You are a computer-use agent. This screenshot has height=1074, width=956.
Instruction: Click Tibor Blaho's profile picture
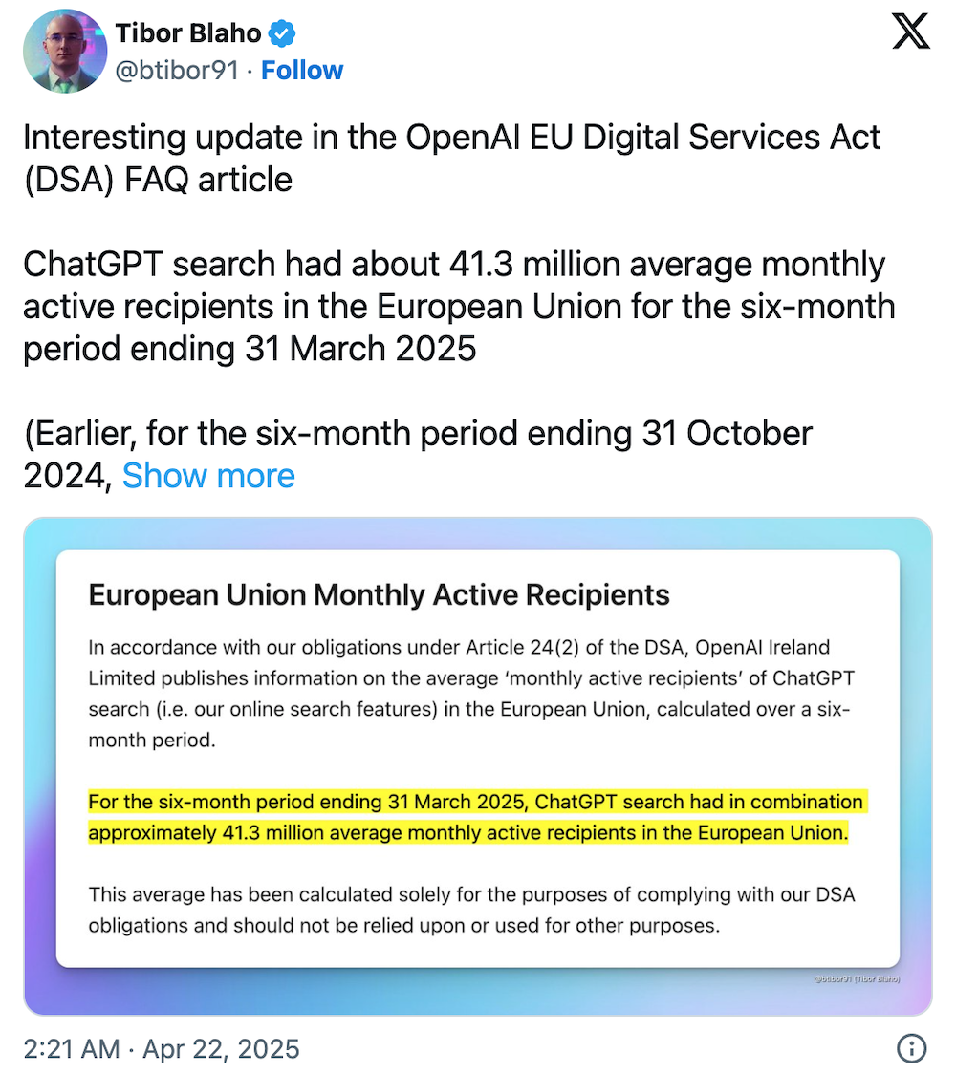64,51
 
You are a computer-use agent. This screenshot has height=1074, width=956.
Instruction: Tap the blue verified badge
282,34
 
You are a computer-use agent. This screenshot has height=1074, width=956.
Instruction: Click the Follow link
302,71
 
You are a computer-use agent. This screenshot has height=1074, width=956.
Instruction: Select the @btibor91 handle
177,71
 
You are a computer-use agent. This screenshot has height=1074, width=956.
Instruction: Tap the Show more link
208,475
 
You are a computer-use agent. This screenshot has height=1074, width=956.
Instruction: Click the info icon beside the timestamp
911,1048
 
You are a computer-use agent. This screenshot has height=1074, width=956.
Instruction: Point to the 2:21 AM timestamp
72,1048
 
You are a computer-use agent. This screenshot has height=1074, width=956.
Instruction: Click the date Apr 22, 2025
221,1048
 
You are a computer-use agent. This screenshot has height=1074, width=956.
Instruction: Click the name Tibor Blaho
188,33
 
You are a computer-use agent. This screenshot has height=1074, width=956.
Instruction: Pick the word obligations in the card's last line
139,925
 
